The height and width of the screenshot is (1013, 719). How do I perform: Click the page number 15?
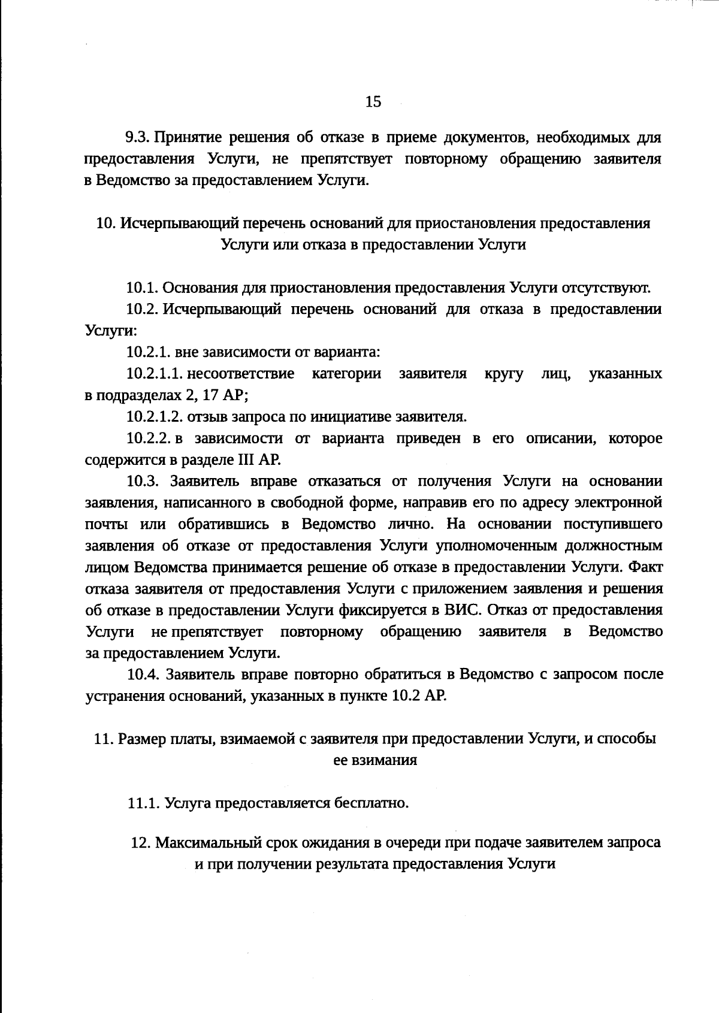click(373, 102)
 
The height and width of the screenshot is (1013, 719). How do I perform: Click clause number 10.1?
click(142, 288)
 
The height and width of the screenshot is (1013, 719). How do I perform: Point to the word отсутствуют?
click(606, 288)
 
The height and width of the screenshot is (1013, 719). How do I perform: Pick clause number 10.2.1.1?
click(154, 374)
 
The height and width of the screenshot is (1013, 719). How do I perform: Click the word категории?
click(346, 374)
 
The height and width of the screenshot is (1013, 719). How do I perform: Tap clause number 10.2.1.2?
click(155, 416)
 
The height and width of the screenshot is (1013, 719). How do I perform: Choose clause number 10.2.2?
click(149, 439)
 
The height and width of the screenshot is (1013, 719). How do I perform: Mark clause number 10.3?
click(142, 482)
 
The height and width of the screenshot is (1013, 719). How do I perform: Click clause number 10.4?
click(143, 675)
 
